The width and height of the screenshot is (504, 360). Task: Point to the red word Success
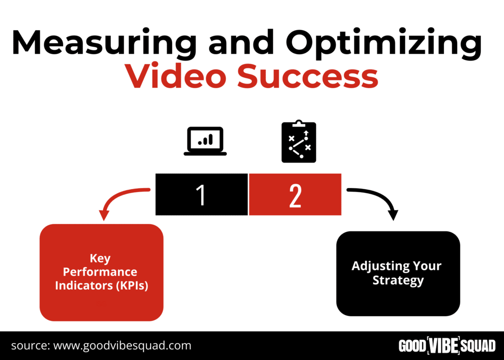pos(308,76)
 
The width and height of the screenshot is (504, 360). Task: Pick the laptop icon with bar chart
pos(205,141)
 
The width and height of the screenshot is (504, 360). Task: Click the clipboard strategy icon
pos(299,141)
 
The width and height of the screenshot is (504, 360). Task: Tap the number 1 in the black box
pos(201,195)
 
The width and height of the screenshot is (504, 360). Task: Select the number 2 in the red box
pos(295,196)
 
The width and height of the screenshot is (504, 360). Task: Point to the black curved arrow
pos(379,196)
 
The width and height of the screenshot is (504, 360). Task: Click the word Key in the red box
pos(100,259)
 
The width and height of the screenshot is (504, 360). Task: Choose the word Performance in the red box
pos(100,272)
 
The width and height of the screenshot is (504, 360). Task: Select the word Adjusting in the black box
pos(379,266)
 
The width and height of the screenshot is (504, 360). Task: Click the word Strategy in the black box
pos(398,281)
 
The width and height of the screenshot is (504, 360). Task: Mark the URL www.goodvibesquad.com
pos(122,346)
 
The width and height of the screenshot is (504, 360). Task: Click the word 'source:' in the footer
pos(31,346)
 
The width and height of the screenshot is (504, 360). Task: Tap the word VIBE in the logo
pos(443,346)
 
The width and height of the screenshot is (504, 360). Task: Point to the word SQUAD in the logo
pos(478,346)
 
